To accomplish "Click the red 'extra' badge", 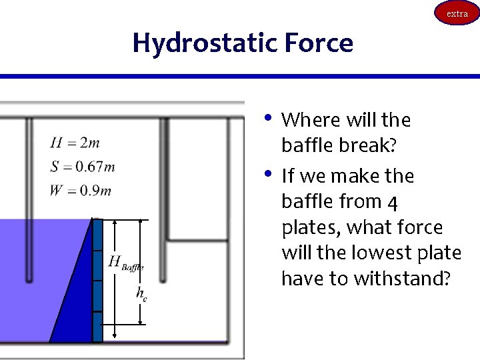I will pyautogui.click(x=457, y=13).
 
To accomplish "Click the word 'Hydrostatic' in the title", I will pyautogui.click(x=204, y=43).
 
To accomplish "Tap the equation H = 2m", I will pyautogui.click(x=75, y=143).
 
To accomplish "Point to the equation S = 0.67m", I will pyautogui.click(x=82, y=167).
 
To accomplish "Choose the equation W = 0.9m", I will pyautogui.click(x=80, y=191).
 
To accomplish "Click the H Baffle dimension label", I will pyautogui.click(x=125, y=263).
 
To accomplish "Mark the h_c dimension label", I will pyautogui.click(x=141, y=293).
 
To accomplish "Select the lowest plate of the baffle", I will pyautogui.click(x=97, y=327).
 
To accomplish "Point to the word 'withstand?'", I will pyautogui.click(x=399, y=278).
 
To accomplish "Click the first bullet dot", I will pyautogui.click(x=267, y=119).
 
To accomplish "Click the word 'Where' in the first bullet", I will pyautogui.click(x=309, y=121).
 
